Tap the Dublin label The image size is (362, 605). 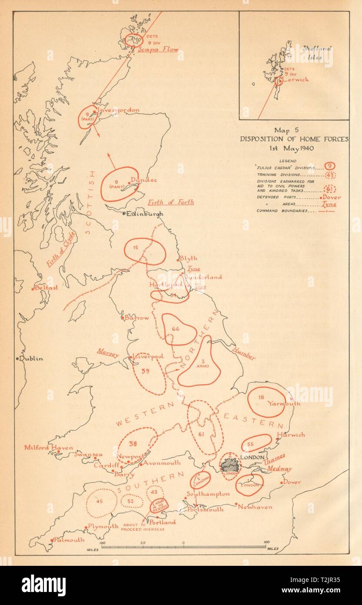point(31,358)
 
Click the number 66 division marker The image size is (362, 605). point(176,329)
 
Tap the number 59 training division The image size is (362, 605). point(146,371)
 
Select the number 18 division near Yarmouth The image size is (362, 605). point(261,397)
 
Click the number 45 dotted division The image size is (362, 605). point(100,501)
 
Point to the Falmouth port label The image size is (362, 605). point(70,540)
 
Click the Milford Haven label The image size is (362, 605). point(43,447)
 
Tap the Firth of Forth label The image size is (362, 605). point(171,202)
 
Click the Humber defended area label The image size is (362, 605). point(243,353)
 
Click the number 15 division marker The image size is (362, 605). point(136,248)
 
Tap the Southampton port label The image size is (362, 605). point(208,494)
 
